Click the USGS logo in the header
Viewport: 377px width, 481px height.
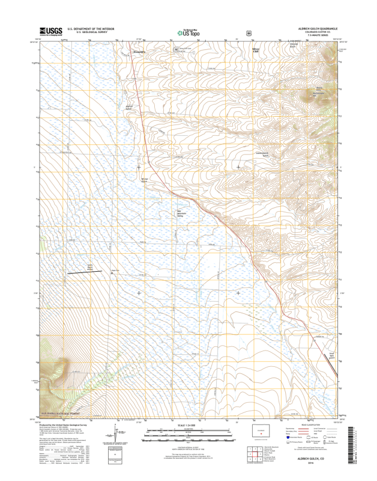tap(51, 31)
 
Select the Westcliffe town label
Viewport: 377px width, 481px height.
tap(139, 52)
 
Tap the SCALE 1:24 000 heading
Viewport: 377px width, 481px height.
tap(188, 426)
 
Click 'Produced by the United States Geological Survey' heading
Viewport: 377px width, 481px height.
tap(63, 425)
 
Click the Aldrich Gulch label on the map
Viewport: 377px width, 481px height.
tap(128, 108)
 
